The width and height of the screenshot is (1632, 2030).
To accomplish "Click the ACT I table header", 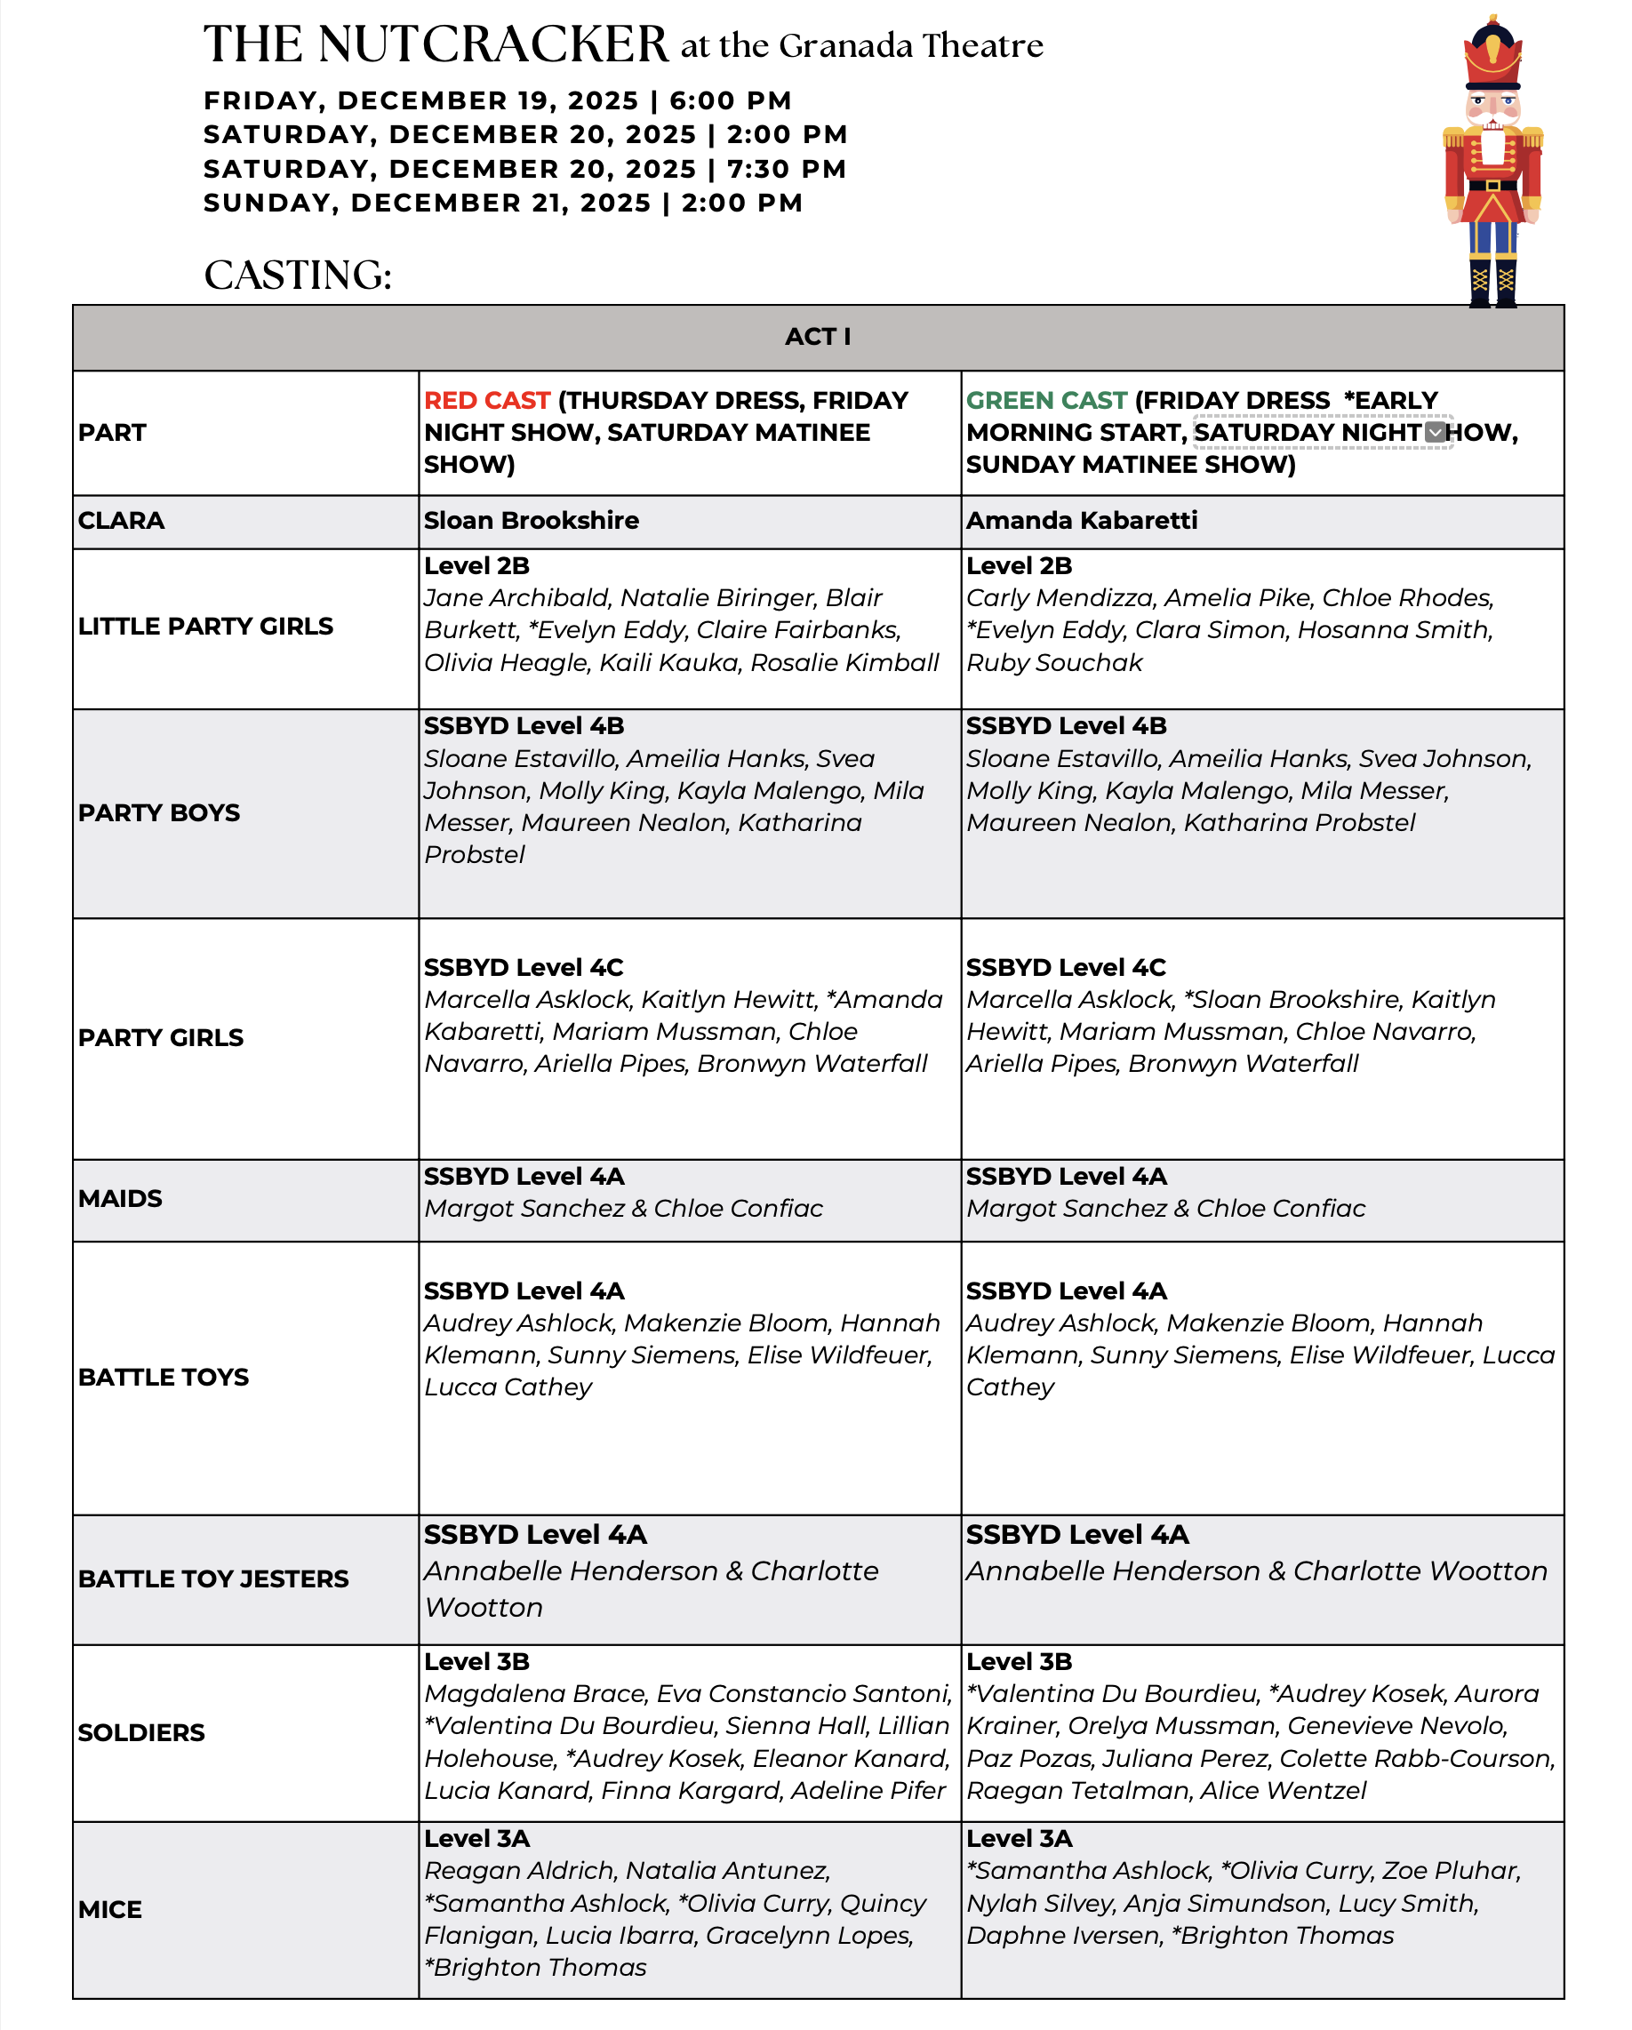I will point(818,337).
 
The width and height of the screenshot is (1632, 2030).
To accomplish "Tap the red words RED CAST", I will point(487,400).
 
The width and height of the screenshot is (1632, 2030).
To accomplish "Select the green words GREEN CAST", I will point(1046,400).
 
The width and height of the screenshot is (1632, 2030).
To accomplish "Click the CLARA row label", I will point(122,521).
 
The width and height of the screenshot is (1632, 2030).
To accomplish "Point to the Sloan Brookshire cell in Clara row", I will point(532,521).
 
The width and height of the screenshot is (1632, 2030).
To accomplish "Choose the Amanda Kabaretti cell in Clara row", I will point(1081,521).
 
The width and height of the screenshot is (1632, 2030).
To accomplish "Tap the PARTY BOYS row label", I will point(159,812).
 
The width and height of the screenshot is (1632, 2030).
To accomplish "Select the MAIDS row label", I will point(121,1199).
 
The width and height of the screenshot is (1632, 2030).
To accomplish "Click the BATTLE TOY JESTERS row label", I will point(212,1579).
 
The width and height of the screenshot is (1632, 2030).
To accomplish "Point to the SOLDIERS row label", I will point(141,1732).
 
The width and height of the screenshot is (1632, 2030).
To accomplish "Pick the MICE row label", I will point(110,1909).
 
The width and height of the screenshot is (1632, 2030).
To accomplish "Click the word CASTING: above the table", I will point(298,276).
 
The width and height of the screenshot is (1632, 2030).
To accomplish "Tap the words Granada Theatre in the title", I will point(910,46).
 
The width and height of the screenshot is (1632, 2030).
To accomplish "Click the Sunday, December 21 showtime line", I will point(503,203).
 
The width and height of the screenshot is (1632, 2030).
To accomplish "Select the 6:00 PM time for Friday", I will point(730,100).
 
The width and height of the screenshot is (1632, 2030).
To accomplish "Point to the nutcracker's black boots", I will point(1492,283).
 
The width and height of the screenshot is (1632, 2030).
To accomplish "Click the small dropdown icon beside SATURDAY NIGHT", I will point(1435,432).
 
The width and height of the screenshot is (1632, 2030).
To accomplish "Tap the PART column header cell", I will point(112,433).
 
